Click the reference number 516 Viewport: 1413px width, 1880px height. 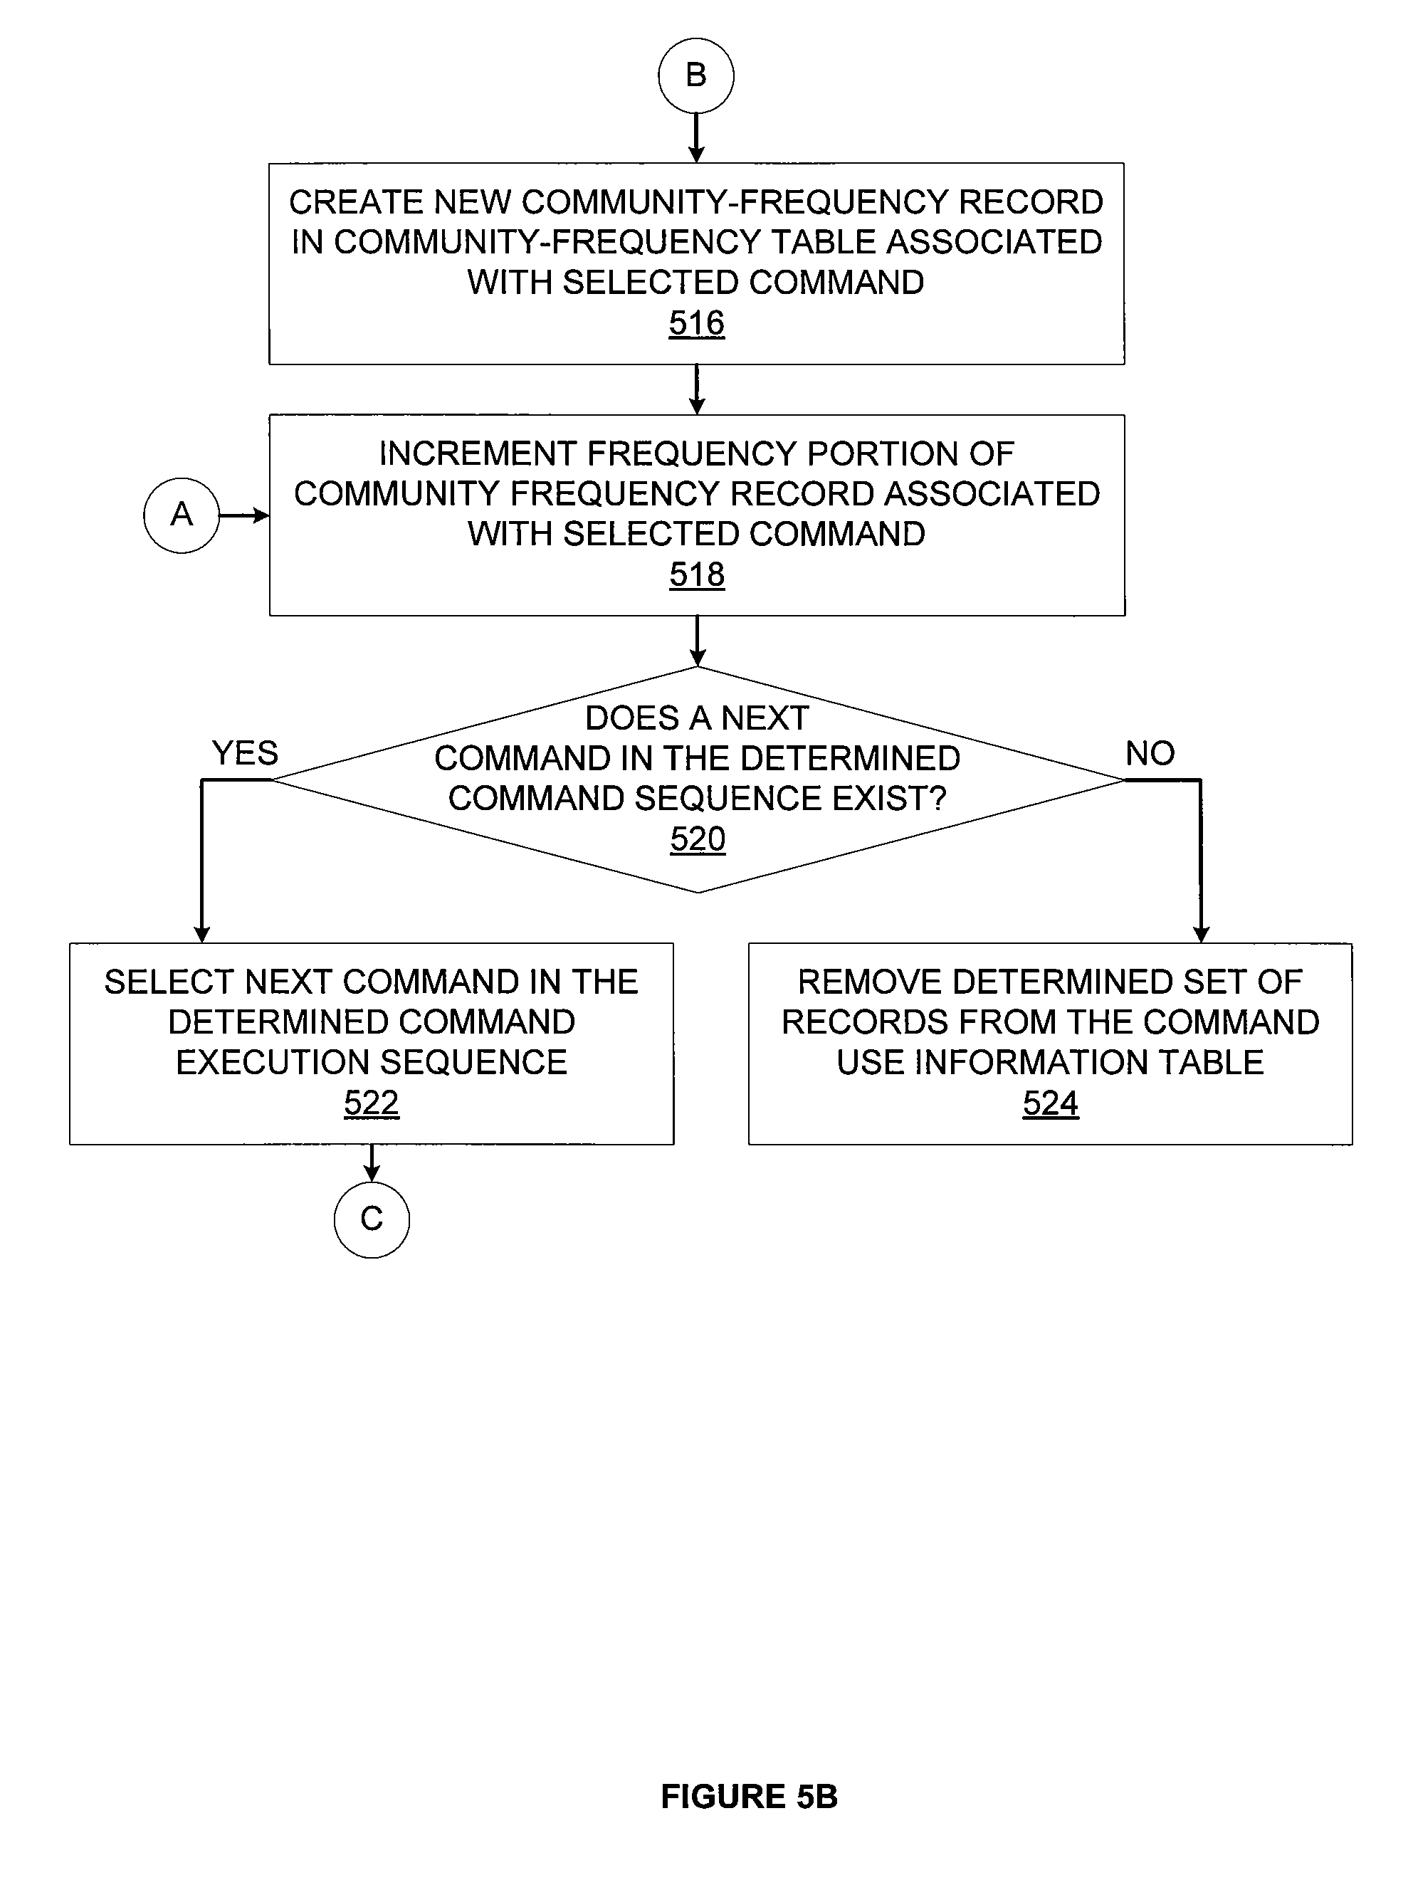pos(697,323)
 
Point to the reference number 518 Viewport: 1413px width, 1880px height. pos(697,574)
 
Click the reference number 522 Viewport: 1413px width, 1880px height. pos(372,1103)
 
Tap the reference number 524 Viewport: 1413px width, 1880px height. pos(1050,1103)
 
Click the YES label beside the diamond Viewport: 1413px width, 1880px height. pos(245,753)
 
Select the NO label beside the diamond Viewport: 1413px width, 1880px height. pos(1150,753)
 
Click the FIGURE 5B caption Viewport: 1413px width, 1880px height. pos(750,1797)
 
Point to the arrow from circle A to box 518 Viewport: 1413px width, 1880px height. pos(245,515)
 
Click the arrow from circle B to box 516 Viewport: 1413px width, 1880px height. pos(696,137)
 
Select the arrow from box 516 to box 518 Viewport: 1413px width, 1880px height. pos(697,389)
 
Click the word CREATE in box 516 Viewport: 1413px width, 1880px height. pos(355,202)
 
